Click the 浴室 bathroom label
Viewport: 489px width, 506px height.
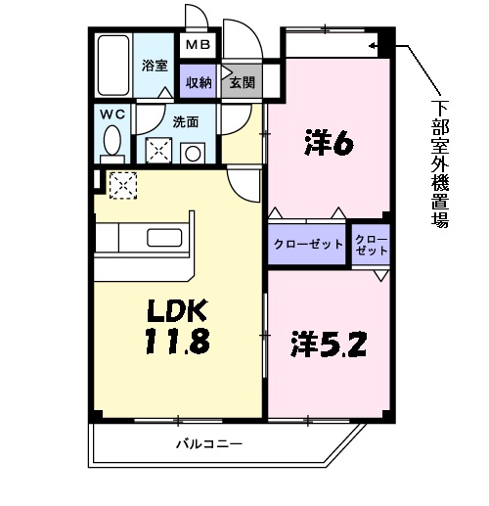pyautogui.click(x=154, y=67)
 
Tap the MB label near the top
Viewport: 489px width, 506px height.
pyautogui.click(x=198, y=44)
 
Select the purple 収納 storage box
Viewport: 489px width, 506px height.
pyautogui.click(x=199, y=83)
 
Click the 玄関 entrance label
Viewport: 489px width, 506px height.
pyautogui.click(x=241, y=83)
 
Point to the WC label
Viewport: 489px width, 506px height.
pyautogui.click(x=113, y=114)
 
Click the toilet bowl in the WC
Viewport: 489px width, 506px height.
pyautogui.click(x=114, y=140)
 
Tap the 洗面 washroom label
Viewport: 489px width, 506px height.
pyautogui.click(x=187, y=122)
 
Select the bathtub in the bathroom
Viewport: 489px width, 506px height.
pyautogui.click(x=113, y=65)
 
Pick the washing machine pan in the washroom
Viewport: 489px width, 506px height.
pyautogui.click(x=157, y=150)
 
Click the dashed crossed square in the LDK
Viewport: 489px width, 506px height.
pyautogui.click(x=122, y=184)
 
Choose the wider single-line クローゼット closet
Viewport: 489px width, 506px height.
pyautogui.click(x=308, y=245)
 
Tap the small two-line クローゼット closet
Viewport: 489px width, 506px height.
pyautogui.click(x=371, y=245)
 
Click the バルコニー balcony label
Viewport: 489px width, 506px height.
pyautogui.click(x=209, y=443)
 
